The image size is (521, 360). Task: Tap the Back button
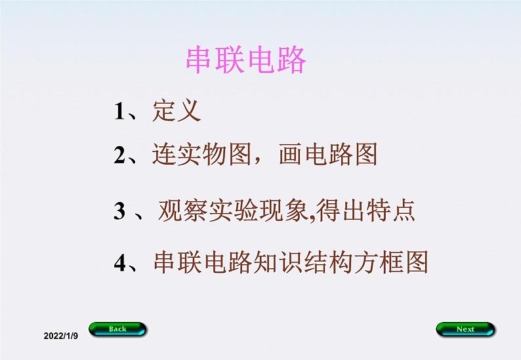point(118,329)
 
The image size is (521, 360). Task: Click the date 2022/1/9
point(60,335)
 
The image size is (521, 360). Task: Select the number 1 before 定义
point(119,112)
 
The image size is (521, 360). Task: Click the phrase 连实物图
point(201,155)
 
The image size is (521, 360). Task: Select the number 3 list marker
point(119,212)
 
